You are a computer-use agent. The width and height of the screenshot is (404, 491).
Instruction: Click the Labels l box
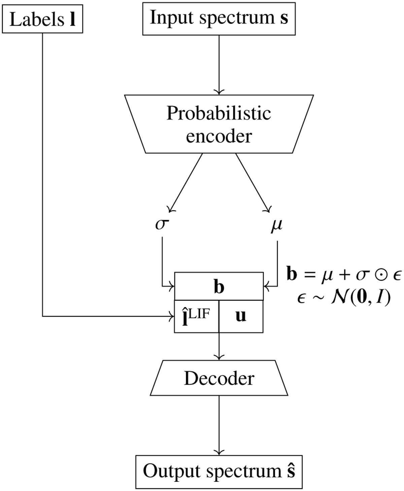click(x=42, y=19)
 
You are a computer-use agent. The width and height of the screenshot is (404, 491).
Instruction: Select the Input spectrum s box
click(x=219, y=19)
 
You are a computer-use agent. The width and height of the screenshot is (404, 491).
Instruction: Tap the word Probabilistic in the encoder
click(x=219, y=114)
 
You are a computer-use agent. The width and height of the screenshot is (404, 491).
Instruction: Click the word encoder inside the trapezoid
click(x=219, y=136)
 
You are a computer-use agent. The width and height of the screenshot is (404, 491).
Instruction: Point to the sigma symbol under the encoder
click(x=162, y=225)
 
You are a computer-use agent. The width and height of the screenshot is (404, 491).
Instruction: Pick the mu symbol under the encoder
click(x=277, y=226)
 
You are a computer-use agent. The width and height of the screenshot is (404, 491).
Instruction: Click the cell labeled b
click(x=219, y=286)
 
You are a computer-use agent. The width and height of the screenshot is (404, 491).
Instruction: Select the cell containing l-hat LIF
click(x=197, y=316)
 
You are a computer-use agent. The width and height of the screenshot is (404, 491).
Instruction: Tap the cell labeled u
click(x=241, y=316)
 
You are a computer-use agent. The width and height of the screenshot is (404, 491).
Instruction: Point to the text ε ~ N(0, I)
click(x=344, y=298)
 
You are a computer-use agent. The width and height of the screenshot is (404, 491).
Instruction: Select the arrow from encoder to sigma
click(x=186, y=183)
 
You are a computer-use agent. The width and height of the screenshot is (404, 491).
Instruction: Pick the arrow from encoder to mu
click(x=253, y=183)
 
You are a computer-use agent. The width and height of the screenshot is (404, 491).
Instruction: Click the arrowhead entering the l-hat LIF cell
click(x=172, y=316)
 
